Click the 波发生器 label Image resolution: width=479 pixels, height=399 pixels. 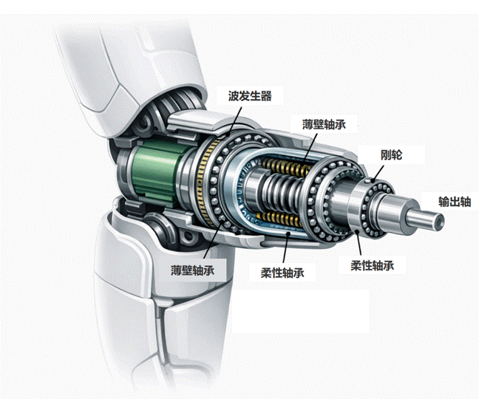coord(250,96)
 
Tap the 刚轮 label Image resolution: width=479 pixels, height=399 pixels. coord(391,154)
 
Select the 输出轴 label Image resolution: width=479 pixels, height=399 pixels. coord(455,202)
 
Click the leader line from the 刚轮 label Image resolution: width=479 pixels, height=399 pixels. coord(378,174)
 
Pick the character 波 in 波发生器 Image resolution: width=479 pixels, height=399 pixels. coord(234,96)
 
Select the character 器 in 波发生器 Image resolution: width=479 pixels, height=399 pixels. coord(266,96)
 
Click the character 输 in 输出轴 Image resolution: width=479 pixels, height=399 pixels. coord(444,202)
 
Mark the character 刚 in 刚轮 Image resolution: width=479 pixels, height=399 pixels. coord(386,154)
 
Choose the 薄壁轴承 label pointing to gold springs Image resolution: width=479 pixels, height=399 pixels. coord(324,125)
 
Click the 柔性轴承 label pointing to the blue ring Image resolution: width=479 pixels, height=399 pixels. coord(282,273)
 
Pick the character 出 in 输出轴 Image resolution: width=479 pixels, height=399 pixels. coord(455,202)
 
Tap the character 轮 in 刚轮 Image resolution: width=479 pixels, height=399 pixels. coord(396,154)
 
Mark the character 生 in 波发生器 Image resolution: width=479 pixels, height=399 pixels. coord(255,96)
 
